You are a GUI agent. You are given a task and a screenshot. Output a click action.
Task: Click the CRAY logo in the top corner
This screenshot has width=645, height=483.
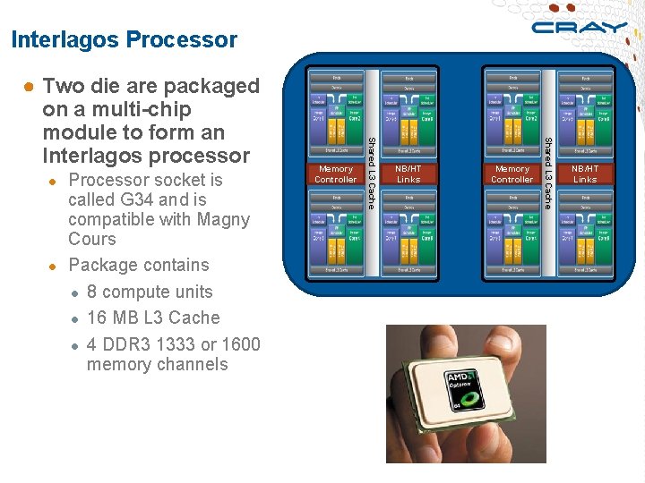[578, 27]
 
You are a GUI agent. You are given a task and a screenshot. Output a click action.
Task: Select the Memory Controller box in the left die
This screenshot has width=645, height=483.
[336, 174]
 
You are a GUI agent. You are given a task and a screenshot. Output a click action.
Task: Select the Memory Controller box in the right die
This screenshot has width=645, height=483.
[512, 174]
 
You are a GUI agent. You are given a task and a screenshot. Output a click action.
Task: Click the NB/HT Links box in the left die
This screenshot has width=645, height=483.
[408, 174]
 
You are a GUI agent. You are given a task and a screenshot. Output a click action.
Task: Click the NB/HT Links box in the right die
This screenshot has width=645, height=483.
[585, 174]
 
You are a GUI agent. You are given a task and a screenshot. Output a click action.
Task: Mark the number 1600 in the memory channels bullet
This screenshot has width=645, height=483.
[239, 344]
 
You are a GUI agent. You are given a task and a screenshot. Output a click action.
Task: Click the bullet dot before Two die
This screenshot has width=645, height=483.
[30, 88]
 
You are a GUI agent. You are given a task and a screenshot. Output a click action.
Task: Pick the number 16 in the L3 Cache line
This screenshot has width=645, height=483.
[98, 318]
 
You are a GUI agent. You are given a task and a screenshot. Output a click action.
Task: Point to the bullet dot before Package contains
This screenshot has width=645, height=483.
[53, 267]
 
